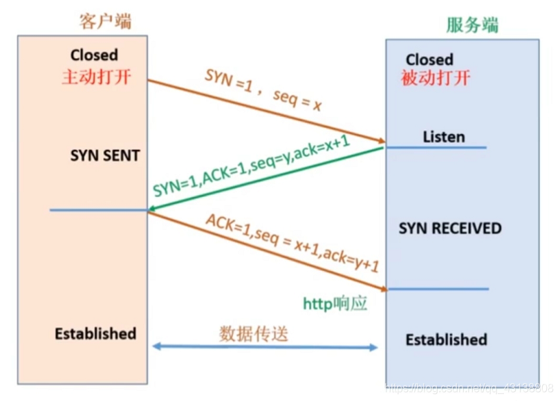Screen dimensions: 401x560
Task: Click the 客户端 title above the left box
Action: tap(106, 21)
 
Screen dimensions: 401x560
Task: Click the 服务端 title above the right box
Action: tap(472, 26)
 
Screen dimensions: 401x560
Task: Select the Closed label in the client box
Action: tap(94, 55)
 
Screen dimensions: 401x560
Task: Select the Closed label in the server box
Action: tap(429, 59)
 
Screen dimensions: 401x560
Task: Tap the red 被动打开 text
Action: tap(435, 78)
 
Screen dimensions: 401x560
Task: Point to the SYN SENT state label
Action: tap(105, 156)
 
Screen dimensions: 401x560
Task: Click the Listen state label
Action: tap(444, 137)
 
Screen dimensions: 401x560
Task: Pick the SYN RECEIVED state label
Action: tap(450, 228)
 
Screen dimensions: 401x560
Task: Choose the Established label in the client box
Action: tap(95, 333)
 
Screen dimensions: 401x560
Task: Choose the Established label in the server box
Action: tap(446, 339)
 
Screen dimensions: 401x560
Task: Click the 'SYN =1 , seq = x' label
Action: tap(263, 91)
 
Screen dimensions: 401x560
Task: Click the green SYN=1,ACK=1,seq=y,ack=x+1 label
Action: tap(252, 166)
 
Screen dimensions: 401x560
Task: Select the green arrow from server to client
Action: tap(207, 195)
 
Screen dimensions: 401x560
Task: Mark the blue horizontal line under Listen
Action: tap(436, 147)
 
